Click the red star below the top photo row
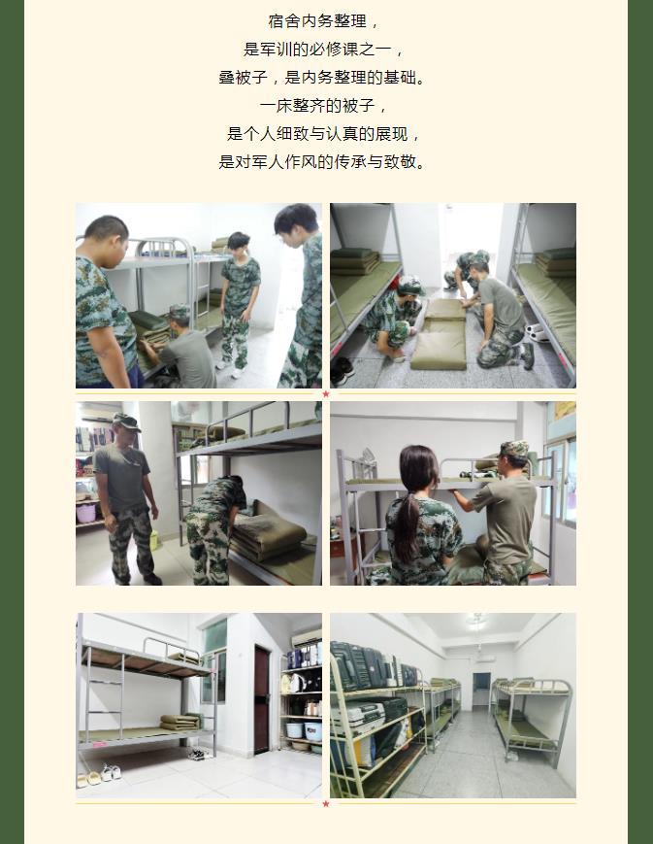pyautogui.click(x=326, y=394)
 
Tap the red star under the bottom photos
pyautogui.click(x=326, y=804)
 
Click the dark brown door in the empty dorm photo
pyautogui.click(x=261, y=699)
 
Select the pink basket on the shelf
pyautogui.click(x=85, y=514)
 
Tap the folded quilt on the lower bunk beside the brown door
pyautogui.click(x=180, y=722)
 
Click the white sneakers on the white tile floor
pyautogui.click(x=112, y=772)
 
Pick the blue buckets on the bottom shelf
pyautogui.click(x=304, y=731)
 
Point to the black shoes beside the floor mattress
pyautogui.click(x=341, y=371)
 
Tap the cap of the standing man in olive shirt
pyautogui.click(x=127, y=422)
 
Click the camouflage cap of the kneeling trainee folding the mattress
pyautogui.click(x=411, y=285)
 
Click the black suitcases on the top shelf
pyautogui.click(x=372, y=666)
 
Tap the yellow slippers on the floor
pyautogui.click(x=88, y=779)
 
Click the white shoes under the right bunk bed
pyautogui.click(x=537, y=331)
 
